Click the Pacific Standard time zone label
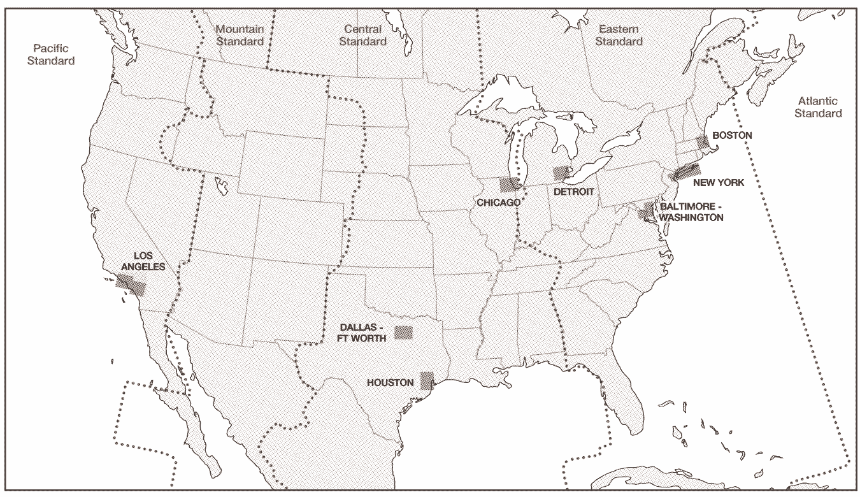pos(54,55)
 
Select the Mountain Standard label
pos(240,35)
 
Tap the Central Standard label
pos(362,35)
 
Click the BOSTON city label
pos(732,135)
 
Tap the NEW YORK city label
pos(719,183)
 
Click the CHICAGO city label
pos(499,202)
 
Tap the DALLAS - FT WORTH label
pos(362,333)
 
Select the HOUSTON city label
pos(390,383)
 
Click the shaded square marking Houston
pos(426,380)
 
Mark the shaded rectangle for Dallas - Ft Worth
pos(403,332)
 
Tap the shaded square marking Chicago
pos(509,185)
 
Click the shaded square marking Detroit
pos(561,173)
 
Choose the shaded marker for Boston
pos(703,141)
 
